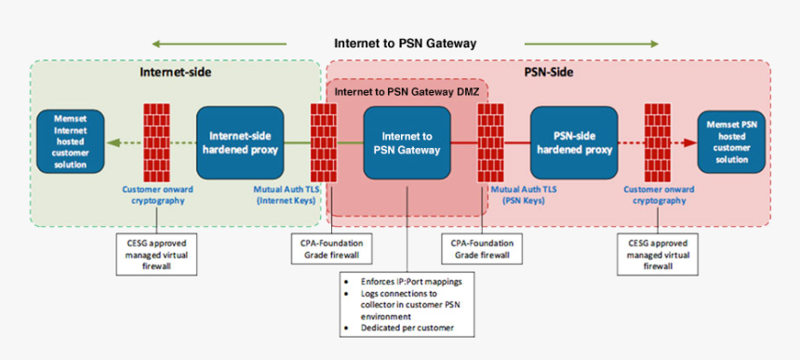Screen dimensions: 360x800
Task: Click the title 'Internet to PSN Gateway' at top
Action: [405, 43]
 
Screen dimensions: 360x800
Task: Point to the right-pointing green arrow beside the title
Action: [591, 44]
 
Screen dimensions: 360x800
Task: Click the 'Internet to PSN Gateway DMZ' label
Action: [405, 91]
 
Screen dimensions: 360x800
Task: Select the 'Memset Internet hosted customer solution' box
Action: [71, 141]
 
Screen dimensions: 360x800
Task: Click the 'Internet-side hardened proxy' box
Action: [239, 141]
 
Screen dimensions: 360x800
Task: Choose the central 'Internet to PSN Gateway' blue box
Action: [407, 141]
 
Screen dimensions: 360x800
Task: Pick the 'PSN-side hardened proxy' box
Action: [573, 141]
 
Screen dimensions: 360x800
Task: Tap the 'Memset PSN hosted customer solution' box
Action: [735, 141]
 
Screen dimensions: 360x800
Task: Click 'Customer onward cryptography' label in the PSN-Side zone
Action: [656, 193]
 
